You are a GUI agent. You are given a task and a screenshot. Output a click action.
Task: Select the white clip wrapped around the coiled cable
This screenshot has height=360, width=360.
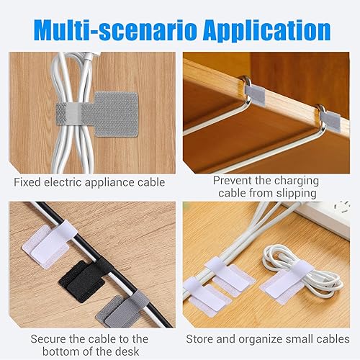pyautogui.click(x=284, y=276)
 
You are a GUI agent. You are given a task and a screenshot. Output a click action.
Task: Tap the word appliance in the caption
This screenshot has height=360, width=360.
pyautogui.click(x=116, y=183)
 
